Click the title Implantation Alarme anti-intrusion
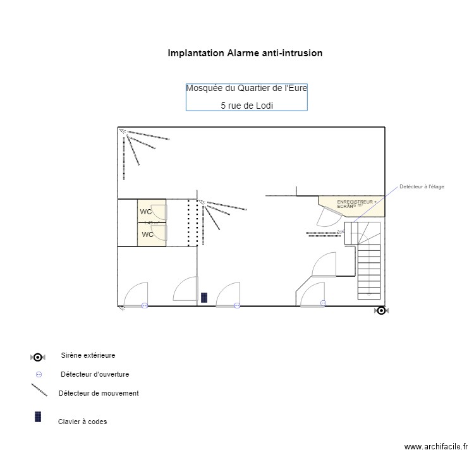[245, 53]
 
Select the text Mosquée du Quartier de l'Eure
[246, 88]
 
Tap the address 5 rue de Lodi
[246, 106]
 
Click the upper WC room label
[146, 212]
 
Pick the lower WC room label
[147, 234]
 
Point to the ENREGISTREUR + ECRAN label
[356, 204]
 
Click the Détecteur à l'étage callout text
[422, 186]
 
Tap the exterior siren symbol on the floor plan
[380, 310]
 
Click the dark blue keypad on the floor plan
[204, 297]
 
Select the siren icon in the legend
[38, 357]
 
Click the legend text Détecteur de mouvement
[98, 393]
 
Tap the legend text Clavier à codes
[82, 422]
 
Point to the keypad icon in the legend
[38, 417]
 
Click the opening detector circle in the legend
[39, 374]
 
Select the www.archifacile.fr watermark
[435, 446]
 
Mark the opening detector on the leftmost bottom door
[145, 305]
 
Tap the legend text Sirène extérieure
[88, 356]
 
